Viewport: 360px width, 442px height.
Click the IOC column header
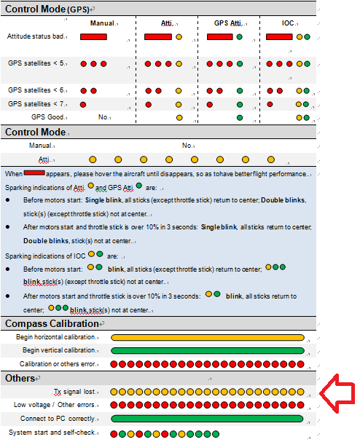288,23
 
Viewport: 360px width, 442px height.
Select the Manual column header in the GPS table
102,23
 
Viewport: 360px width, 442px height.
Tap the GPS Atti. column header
227,23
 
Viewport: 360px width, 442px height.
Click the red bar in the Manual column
93,37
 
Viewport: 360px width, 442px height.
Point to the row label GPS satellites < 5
36,63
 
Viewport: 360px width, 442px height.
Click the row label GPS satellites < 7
36,104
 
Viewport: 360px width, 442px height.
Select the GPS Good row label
47,117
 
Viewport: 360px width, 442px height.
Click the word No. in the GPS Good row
103,117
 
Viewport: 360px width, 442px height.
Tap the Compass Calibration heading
52,323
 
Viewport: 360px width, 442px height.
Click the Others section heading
20,379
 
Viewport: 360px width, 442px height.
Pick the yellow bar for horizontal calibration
208,337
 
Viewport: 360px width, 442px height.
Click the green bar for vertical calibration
208,351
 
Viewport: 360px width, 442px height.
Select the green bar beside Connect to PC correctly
207,419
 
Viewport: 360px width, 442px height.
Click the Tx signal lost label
74,392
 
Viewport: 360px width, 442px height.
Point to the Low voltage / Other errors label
54,405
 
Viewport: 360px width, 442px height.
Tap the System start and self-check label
52,433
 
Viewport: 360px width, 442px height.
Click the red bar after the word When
34,173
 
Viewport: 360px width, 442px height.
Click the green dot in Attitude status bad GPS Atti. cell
239,37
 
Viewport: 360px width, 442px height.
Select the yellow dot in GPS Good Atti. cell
179,117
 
